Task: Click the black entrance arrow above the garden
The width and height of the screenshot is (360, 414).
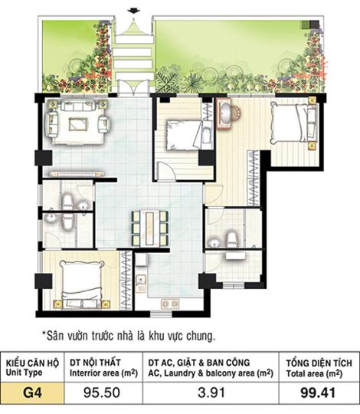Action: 134,11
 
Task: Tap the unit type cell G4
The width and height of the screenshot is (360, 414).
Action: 32,393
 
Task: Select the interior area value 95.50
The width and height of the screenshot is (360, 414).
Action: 102,393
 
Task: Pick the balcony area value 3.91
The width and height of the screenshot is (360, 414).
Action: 211,393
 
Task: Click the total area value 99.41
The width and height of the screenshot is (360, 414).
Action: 318,393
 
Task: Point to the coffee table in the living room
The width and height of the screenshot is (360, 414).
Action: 78,124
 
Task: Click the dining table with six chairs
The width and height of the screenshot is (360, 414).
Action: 150,228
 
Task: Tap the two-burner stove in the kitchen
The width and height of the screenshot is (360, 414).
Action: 170,304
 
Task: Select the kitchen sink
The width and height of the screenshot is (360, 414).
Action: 141,280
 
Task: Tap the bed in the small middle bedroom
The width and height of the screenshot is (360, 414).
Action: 185,135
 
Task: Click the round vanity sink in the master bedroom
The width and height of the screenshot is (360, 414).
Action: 226,113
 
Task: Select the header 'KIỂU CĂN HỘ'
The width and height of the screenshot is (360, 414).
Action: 32,363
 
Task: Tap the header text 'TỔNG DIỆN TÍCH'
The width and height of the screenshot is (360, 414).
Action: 319,363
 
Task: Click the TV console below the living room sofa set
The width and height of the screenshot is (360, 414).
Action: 77,174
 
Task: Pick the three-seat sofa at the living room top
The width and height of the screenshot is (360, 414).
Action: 78,106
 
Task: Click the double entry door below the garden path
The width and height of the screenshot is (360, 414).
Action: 134,87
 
